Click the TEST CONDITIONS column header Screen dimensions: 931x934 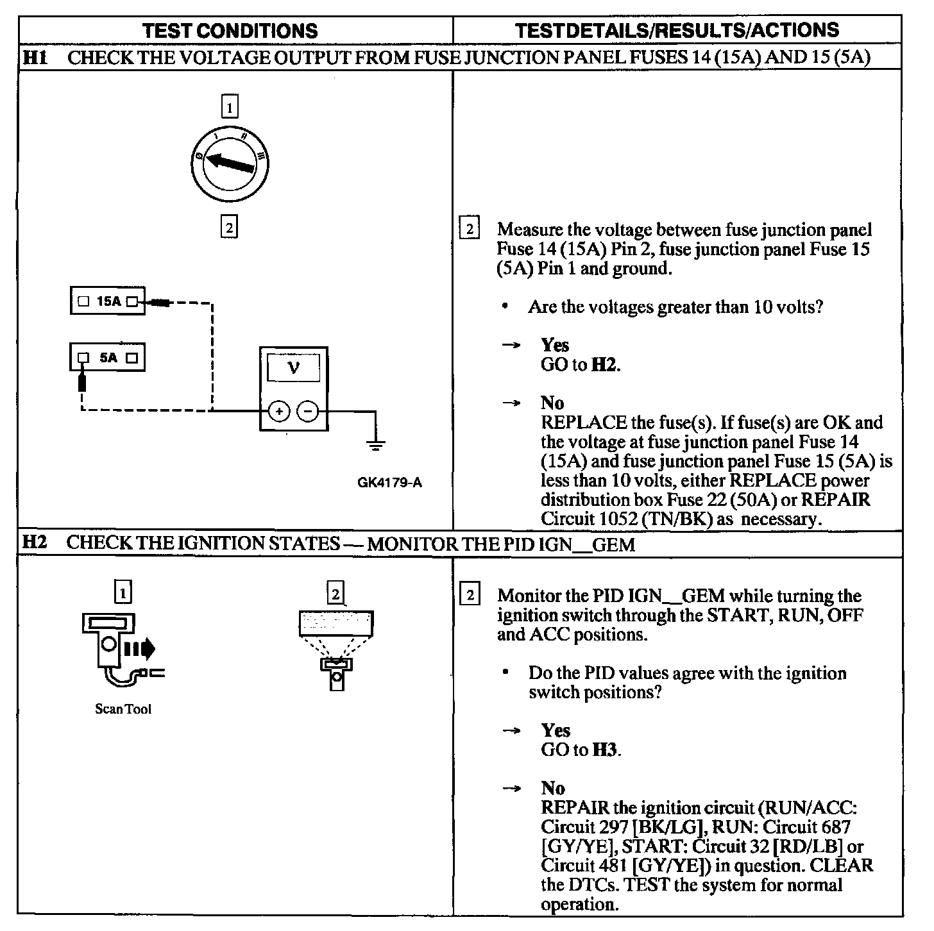pyautogui.click(x=230, y=30)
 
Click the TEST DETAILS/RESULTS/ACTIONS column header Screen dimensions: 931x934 pyautogui.click(x=677, y=30)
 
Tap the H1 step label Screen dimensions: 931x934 pyautogui.click(x=35, y=58)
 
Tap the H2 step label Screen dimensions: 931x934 pyautogui.click(x=35, y=543)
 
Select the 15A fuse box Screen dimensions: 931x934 pyautogui.click(x=108, y=301)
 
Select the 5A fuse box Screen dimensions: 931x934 pyautogui.click(x=108, y=357)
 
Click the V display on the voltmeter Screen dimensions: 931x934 pyautogui.click(x=294, y=368)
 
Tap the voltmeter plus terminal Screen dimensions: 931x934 pyautogui.click(x=278, y=411)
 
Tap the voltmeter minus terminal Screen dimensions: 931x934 pyautogui.click(x=309, y=411)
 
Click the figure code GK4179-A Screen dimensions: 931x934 pyautogui.click(x=389, y=483)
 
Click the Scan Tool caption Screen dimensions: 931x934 pyautogui.click(x=123, y=709)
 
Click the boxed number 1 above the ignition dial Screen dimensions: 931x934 pyautogui.click(x=230, y=106)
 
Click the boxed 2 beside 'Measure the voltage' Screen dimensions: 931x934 pyautogui.click(x=470, y=230)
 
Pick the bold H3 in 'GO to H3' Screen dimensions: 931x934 pyautogui.click(x=605, y=750)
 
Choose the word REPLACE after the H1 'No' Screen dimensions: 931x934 pyautogui.click(x=584, y=423)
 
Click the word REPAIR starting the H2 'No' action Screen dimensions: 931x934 pyautogui.click(x=575, y=808)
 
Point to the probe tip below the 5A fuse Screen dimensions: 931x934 pyautogui.click(x=81, y=382)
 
